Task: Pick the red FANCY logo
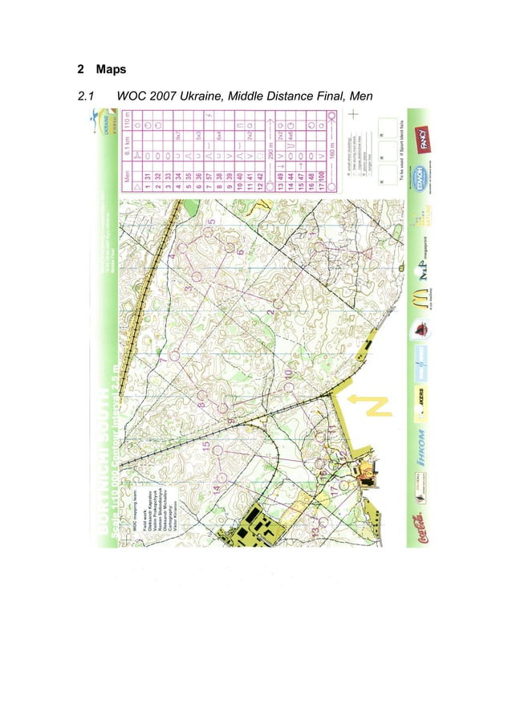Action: [419, 138]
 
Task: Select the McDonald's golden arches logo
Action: [419, 299]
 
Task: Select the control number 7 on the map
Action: [164, 361]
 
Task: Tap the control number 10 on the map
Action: [286, 374]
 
